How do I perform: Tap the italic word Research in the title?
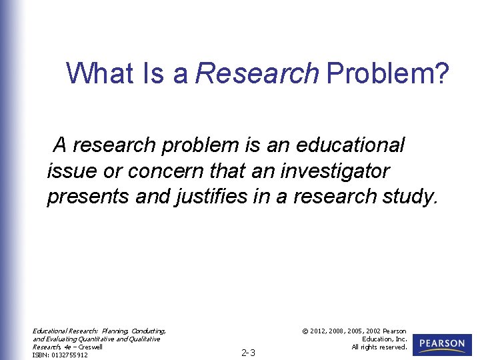click(257, 73)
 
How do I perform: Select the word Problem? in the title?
click(387, 73)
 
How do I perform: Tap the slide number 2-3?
click(248, 353)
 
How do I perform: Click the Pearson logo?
click(442, 345)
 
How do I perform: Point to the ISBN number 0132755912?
click(69, 355)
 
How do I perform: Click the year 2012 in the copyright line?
click(319, 331)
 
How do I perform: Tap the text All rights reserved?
click(379, 347)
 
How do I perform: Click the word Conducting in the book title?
click(148, 331)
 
